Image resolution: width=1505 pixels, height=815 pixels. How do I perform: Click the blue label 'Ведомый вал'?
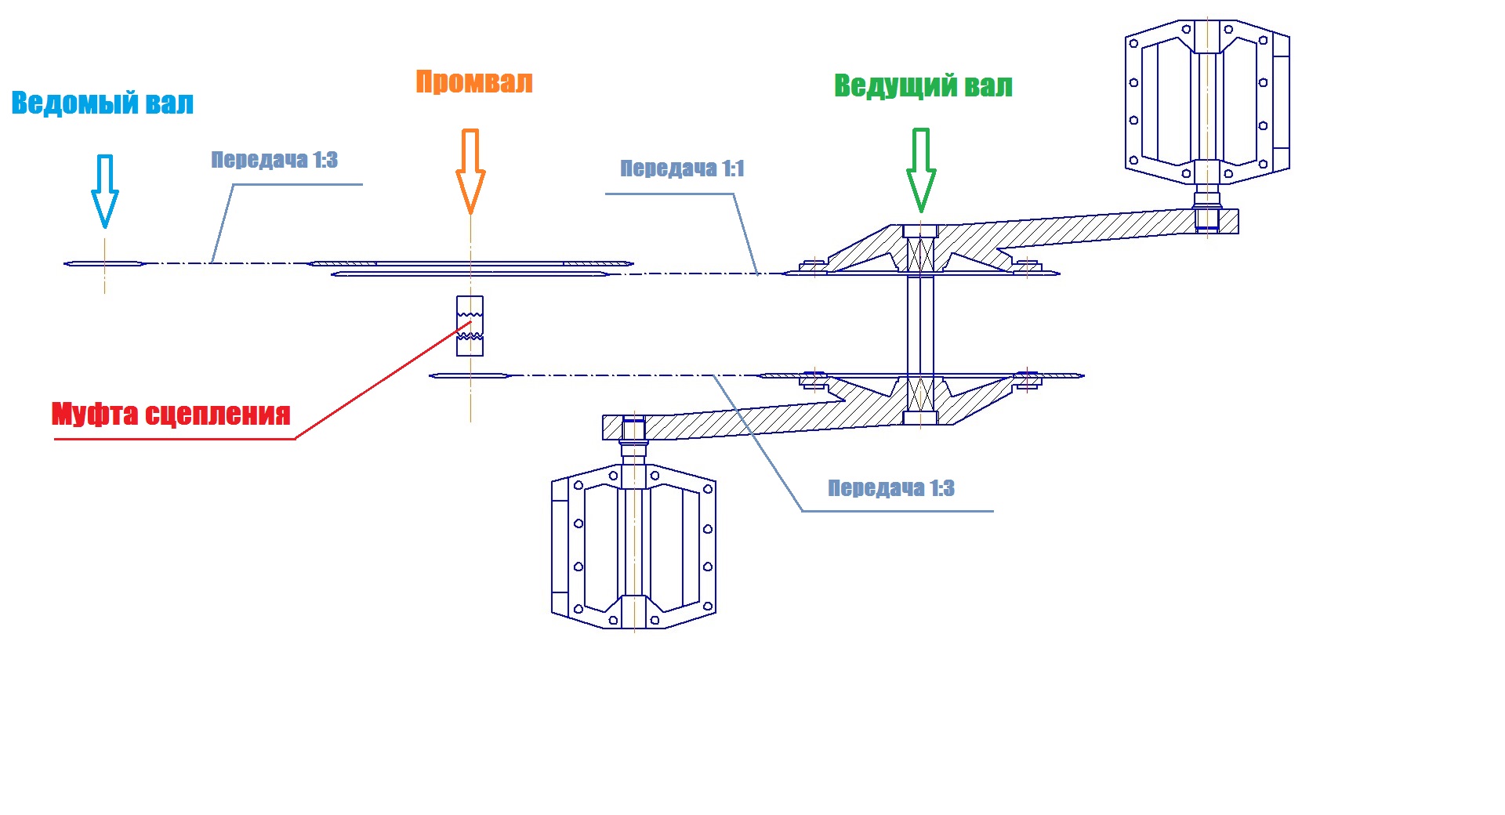click(x=102, y=103)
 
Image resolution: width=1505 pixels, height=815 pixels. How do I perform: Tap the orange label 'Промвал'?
click(x=473, y=82)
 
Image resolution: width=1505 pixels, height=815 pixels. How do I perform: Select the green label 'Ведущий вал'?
click(x=923, y=85)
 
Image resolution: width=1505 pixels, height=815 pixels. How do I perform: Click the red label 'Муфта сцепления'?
click(x=171, y=414)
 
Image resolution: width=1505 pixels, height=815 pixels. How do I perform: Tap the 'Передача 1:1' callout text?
click(x=682, y=168)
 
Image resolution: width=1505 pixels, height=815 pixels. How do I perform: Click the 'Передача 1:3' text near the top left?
click(x=274, y=160)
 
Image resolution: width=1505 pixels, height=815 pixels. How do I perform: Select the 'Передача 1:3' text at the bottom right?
click(x=891, y=488)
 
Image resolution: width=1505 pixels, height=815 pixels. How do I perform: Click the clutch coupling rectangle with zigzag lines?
click(x=470, y=326)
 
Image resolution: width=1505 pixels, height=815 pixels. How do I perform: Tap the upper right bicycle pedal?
click(x=1207, y=103)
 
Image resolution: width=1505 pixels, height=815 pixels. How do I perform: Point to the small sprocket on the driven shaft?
click(x=104, y=263)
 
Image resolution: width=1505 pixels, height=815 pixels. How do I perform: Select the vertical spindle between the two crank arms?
click(x=920, y=324)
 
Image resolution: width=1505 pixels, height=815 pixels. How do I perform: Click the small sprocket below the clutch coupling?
click(x=470, y=376)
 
